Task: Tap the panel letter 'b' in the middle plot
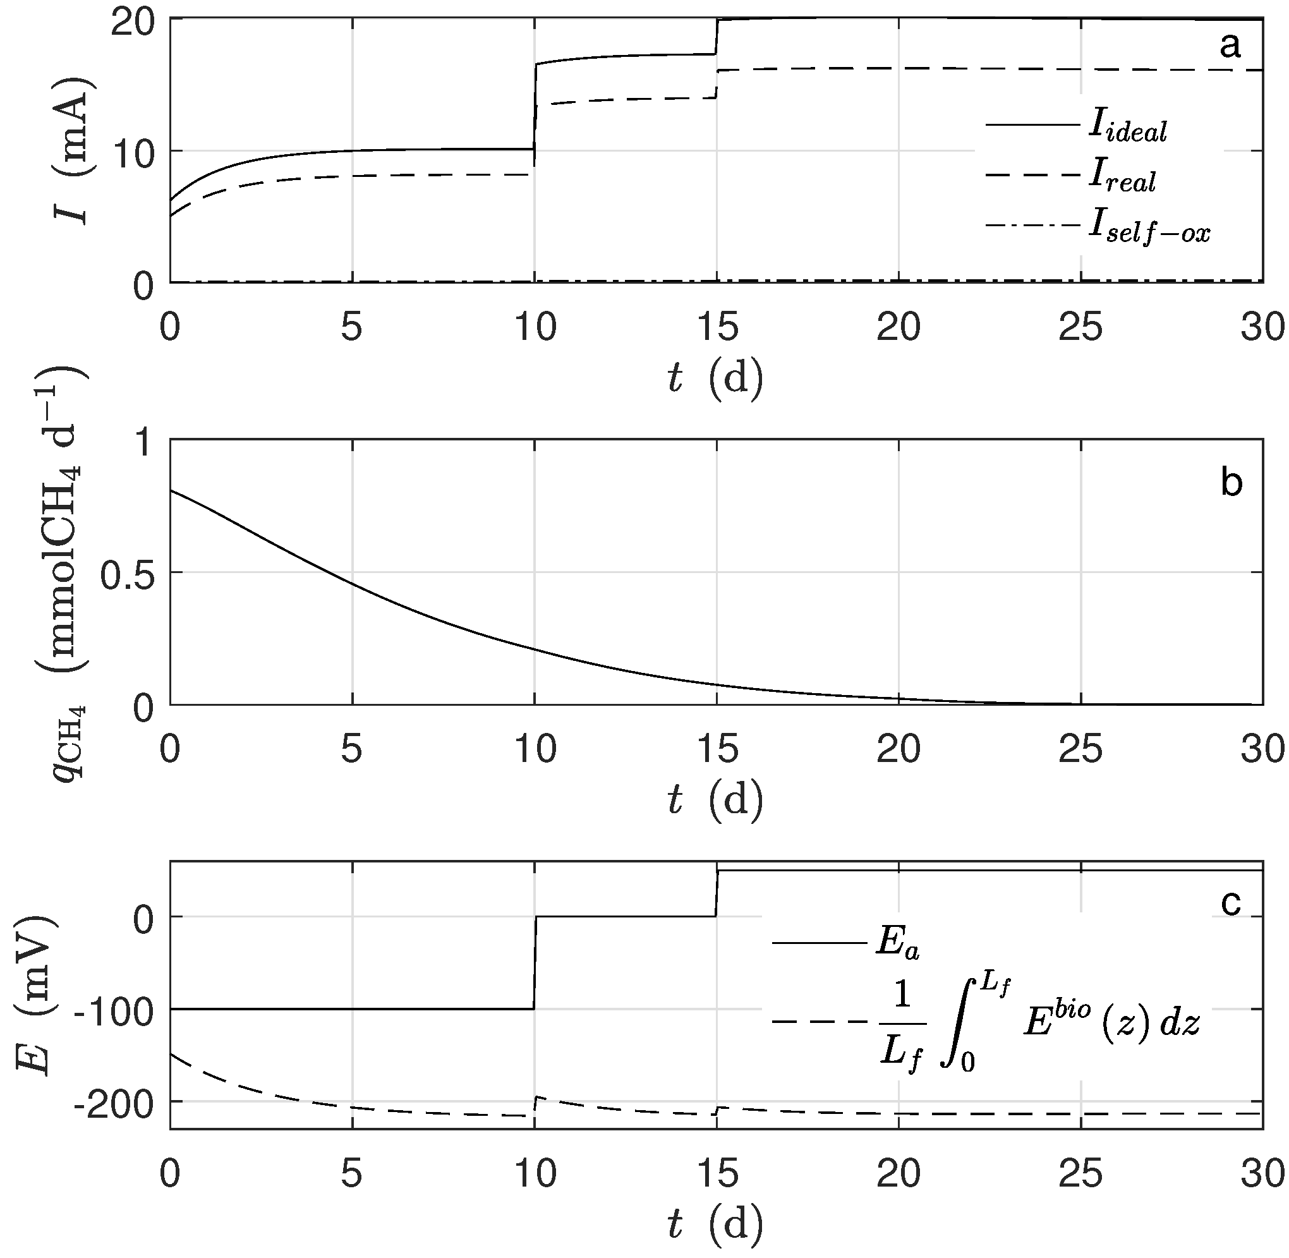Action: point(1231,482)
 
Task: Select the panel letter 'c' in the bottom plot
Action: point(1231,903)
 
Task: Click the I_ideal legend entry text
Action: point(1127,127)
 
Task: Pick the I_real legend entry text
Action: point(1122,177)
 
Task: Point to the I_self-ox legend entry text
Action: point(1149,229)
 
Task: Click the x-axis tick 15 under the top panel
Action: point(717,327)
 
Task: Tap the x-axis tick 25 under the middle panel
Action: point(1081,749)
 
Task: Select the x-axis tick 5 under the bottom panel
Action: point(351,1171)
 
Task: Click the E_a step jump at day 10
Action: point(535,964)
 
